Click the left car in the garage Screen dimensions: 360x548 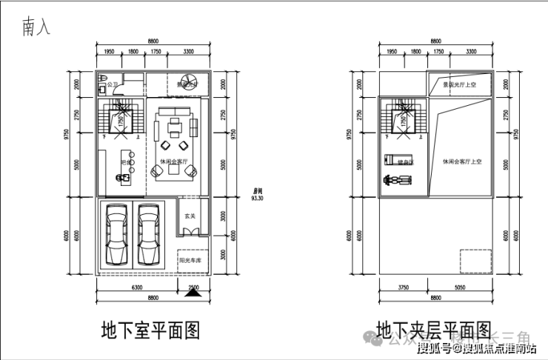[x=118, y=236]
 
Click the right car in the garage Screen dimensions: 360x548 [x=150, y=236]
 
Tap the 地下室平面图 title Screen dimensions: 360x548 [x=150, y=329]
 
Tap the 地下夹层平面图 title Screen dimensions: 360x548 [x=433, y=329]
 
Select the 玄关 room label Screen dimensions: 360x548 [x=190, y=216]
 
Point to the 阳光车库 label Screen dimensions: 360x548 [x=190, y=260]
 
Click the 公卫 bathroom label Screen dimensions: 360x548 [x=113, y=85]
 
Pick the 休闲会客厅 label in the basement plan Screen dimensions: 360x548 [x=174, y=160]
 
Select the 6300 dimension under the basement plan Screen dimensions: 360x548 [x=137, y=287]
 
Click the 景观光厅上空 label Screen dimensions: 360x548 [x=458, y=84]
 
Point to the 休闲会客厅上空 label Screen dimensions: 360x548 [x=463, y=161]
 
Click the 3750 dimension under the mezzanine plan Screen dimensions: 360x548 [x=404, y=287]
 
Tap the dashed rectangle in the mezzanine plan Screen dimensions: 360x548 [x=474, y=261]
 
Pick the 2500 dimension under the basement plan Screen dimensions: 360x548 [x=193, y=287]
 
